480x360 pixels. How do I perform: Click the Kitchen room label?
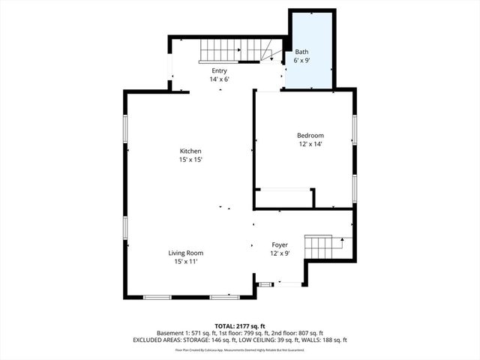[x=190, y=151]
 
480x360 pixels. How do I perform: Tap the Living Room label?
[x=185, y=253]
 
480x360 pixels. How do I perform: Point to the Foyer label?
[x=279, y=245]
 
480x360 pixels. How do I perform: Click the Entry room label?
[x=219, y=70]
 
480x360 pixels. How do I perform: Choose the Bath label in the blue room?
[x=301, y=52]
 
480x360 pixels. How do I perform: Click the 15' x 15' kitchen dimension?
[x=190, y=160]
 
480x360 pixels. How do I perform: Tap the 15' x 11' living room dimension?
[x=185, y=261]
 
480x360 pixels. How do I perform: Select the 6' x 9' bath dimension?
[x=302, y=60]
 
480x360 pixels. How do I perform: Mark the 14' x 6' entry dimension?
[x=219, y=79]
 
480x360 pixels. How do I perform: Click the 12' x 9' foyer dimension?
[x=280, y=253]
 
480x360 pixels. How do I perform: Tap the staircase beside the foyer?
[x=318, y=247]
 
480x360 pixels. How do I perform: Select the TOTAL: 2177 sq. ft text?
[x=239, y=325]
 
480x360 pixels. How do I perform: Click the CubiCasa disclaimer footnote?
[x=239, y=349]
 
